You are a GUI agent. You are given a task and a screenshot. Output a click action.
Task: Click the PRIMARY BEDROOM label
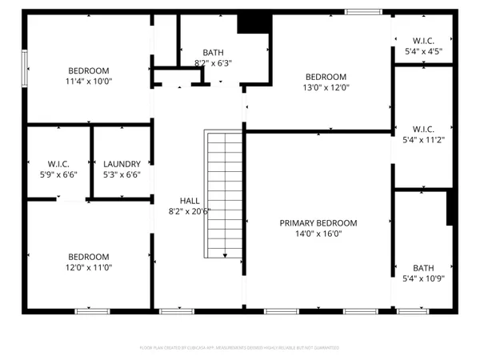tap(318, 223)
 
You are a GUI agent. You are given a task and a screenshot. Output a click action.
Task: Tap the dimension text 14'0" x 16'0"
tap(318, 234)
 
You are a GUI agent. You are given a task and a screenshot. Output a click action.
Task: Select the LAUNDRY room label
tap(122, 163)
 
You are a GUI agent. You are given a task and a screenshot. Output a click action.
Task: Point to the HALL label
tap(190, 201)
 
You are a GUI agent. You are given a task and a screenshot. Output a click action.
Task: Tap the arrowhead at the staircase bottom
tap(226, 255)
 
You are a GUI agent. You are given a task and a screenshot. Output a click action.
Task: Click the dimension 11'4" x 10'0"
tap(90, 81)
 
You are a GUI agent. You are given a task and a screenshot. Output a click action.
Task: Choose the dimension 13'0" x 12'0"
tap(326, 87)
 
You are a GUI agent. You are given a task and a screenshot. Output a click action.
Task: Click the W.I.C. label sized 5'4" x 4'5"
tap(423, 40)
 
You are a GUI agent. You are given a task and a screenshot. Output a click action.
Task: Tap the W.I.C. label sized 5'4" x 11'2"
tap(423, 129)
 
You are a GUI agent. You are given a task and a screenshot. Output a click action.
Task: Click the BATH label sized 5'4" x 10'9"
tap(423, 268)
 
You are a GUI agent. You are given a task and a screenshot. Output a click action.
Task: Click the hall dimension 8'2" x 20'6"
tap(190, 211)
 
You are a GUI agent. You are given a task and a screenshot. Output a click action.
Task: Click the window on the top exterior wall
tap(362, 11)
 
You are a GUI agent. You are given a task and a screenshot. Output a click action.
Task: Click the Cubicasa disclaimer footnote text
tap(239, 348)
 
